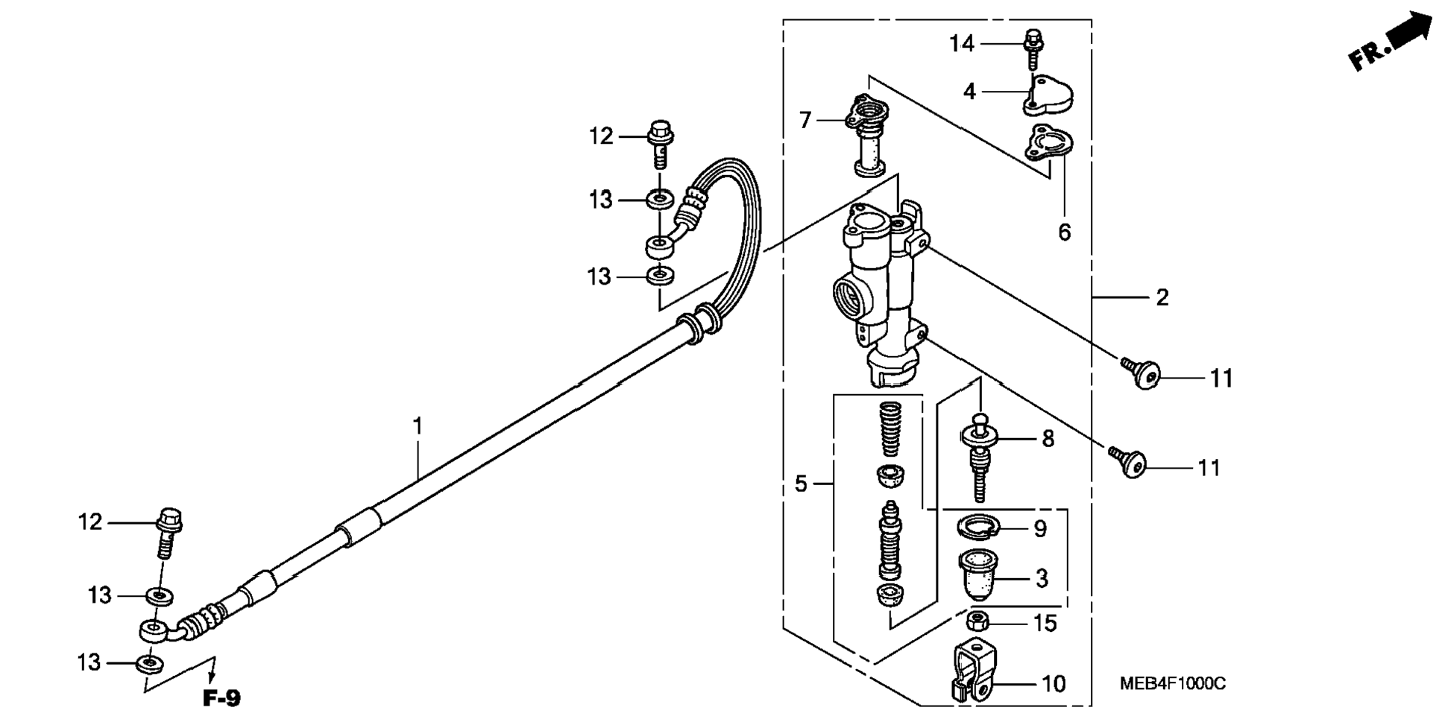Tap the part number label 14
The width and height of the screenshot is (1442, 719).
coord(962,44)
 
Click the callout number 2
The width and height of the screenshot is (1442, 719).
coord(1162,298)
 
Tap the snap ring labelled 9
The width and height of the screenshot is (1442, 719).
coord(978,528)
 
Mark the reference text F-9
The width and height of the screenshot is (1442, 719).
coord(222,699)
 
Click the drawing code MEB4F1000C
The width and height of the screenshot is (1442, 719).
coord(1172,683)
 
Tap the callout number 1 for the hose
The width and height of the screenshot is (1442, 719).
coord(418,426)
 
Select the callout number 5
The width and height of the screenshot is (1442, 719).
coord(801,484)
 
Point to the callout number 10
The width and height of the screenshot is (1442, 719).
coord(1054,683)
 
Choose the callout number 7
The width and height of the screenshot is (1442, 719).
coord(805,120)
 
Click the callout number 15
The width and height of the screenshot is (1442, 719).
coord(1045,623)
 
